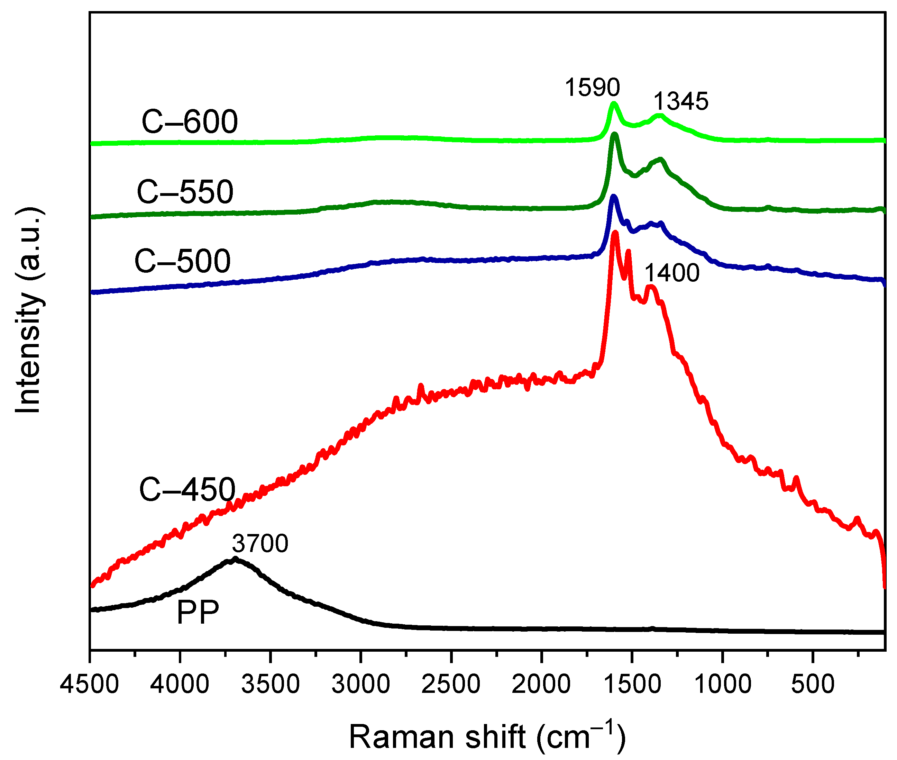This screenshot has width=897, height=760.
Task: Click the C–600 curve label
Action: tap(190, 121)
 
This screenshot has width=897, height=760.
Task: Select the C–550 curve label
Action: tap(185, 192)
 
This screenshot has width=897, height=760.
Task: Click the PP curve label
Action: tap(198, 612)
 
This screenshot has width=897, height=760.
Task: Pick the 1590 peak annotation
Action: tap(592, 88)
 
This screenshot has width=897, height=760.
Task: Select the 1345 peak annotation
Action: tap(681, 102)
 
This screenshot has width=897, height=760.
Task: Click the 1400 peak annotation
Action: tap(672, 273)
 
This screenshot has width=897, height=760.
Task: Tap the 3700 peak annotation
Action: tap(260, 543)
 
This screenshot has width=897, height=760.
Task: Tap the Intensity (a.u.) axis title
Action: tap(28, 310)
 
